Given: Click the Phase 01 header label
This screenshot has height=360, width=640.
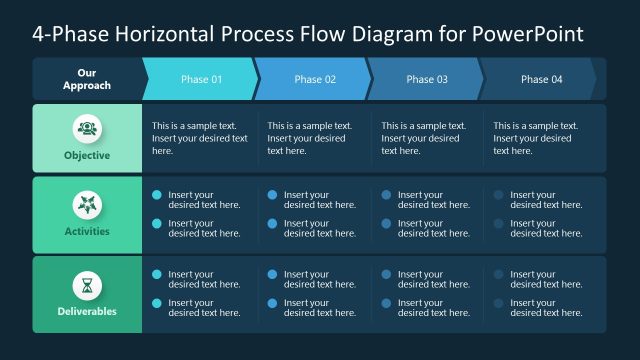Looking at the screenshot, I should click(x=201, y=79).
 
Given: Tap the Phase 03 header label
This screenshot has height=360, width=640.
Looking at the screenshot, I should click(x=427, y=79).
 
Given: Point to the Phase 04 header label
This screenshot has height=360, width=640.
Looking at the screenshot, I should click(x=541, y=79).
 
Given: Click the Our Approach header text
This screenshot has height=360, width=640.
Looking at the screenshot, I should click(x=87, y=79).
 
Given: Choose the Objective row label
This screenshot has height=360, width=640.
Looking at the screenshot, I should click(x=87, y=155).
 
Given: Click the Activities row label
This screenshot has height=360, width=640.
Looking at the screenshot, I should click(x=87, y=231).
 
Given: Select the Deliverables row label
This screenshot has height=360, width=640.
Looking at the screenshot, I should click(x=87, y=311).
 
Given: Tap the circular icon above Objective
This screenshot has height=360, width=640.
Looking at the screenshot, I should click(x=87, y=128).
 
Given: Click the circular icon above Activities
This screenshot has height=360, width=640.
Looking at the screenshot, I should click(x=87, y=205).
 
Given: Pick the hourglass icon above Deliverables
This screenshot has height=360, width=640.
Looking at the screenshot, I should click(x=87, y=285).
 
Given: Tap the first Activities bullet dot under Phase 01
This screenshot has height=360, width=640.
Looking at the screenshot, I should click(x=157, y=195).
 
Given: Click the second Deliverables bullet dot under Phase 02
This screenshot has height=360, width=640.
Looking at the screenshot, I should click(x=272, y=303).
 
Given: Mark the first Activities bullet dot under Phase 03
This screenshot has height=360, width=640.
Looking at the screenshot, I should click(x=386, y=195).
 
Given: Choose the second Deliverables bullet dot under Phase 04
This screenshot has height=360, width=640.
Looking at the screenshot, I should click(x=498, y=303).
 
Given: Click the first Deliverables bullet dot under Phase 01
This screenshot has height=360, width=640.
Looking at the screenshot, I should click(x=157, y=274).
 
